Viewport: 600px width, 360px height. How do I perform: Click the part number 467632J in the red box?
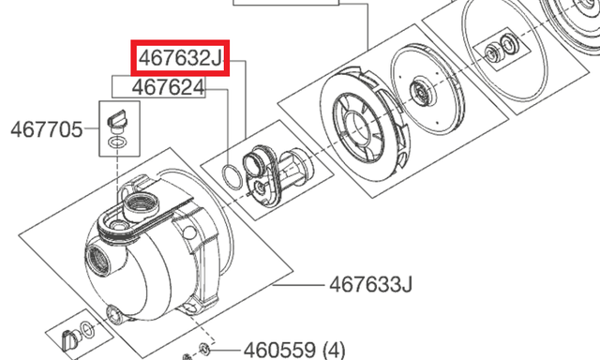(180, 58)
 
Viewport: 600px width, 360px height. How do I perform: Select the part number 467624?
(169, 87)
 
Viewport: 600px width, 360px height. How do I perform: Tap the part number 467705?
(46, 129)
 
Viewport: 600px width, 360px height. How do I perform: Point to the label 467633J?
(371, 284)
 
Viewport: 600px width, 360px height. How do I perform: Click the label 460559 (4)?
(294, 350)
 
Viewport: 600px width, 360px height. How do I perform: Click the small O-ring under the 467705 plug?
(117, 142)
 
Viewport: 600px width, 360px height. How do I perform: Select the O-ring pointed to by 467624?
(232, 176)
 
